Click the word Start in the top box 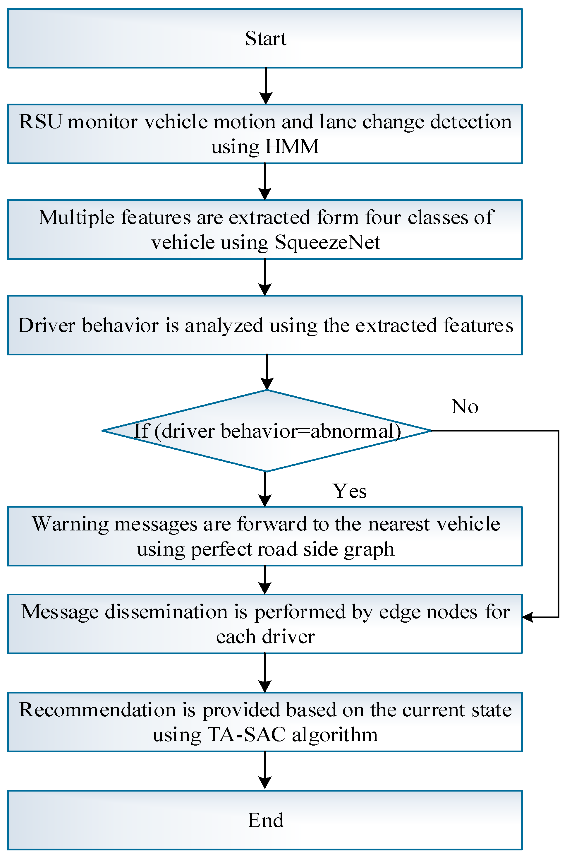point(265,38)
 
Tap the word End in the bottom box point(265,820)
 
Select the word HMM point(292,146)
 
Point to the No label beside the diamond point(465,406)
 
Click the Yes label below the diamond point(349,491)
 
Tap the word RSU point(40,121)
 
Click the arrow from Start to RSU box point(266,86)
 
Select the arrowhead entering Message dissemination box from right point(528,617)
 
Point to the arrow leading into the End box point(265,770)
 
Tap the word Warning point(70,524)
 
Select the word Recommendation point(97,710)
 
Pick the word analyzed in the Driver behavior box point(224,325)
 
